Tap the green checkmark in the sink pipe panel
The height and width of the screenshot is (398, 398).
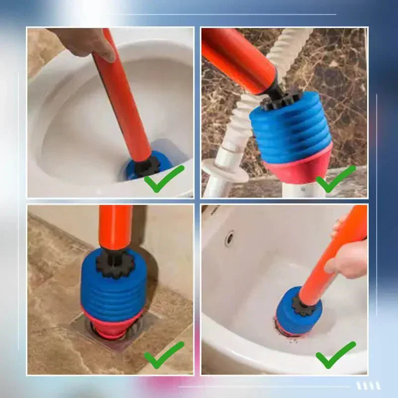(x=336, y=179)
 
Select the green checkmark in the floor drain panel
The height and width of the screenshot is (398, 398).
(x=164, y=355)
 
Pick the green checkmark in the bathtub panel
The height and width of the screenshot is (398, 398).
(x=336, y=355)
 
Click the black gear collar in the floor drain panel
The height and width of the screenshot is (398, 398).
(x=115, y=264)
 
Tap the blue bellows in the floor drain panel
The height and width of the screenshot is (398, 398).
(x=114, y=291)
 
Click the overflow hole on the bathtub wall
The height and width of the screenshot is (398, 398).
(x=229, y=238)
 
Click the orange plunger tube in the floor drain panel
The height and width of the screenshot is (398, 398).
(x=115, y=226)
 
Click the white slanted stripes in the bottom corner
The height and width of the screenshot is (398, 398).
(x=368, y=386)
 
